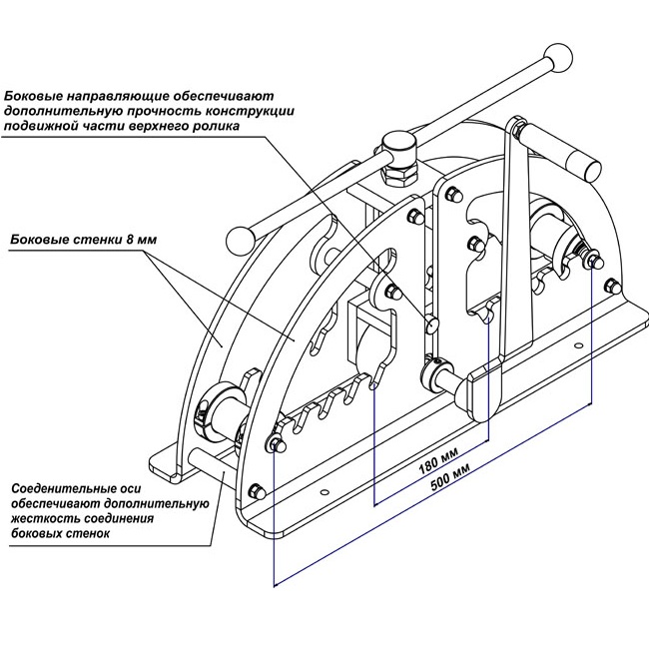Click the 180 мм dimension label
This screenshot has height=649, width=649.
coord(438,461)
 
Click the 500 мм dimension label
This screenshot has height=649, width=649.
coord(450,476)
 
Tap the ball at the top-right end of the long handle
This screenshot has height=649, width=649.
coord(559,58)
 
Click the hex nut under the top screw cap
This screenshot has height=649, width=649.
coord(399,175)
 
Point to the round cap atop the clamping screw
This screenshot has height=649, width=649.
coord(398,148)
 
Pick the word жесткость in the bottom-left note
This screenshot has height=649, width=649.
coord(41,518)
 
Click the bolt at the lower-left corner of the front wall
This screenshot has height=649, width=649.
coord(257,491)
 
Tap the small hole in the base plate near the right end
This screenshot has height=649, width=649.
coord(578,344)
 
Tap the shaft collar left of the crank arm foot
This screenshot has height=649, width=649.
coord(431,374)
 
